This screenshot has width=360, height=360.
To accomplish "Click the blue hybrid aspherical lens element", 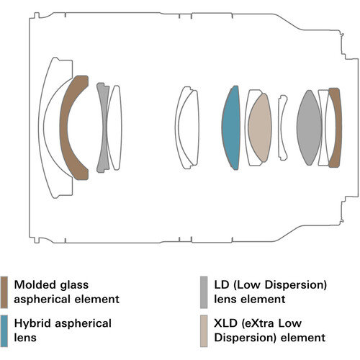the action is point(231,127).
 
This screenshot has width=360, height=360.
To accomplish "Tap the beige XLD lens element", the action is point(260,127).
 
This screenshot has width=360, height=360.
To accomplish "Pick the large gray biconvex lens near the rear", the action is point(309,127).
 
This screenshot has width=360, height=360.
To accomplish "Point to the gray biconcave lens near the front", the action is point(104,127).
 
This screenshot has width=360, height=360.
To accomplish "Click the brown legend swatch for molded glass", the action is point(4,292).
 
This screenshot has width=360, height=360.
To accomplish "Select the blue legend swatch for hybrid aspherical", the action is point(4,330).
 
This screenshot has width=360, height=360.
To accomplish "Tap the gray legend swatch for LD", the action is point(204,292).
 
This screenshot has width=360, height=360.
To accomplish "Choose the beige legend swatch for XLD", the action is point(204,330).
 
